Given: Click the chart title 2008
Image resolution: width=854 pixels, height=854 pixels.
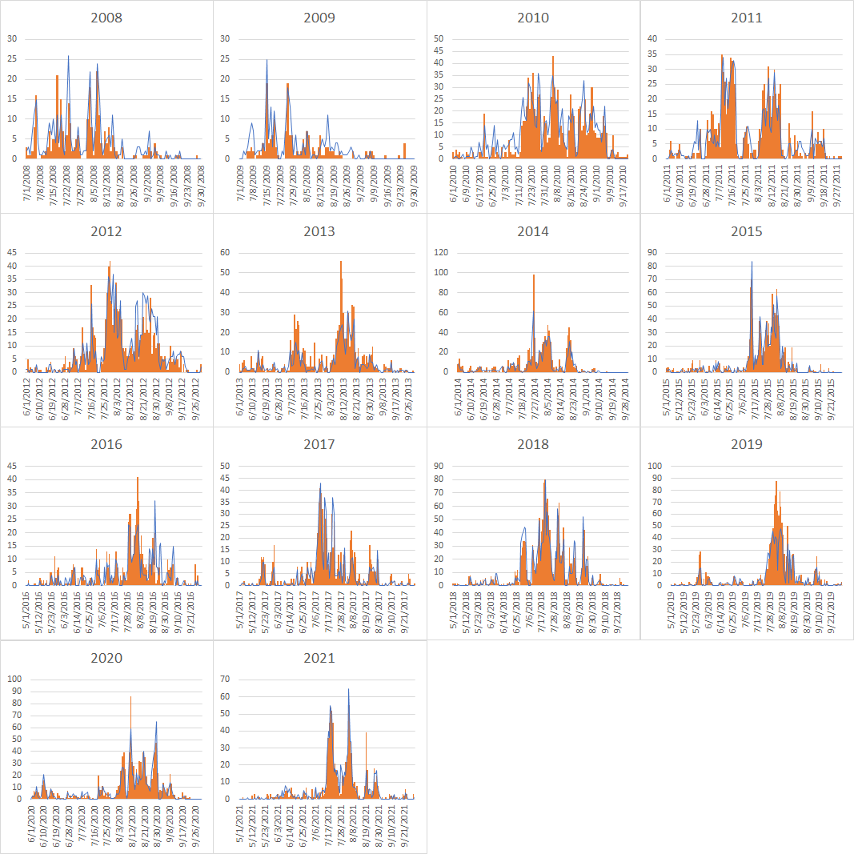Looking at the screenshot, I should [x=106, y=18].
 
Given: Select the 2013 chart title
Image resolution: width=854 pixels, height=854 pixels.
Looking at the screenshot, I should [x=320, y=231].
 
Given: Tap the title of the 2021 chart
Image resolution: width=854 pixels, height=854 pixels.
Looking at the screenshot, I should [x=320, y=658].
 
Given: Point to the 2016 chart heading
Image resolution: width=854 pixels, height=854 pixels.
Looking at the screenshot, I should [x=106, y=444].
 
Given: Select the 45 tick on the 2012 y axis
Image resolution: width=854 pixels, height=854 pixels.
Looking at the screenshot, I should [x=13, y=252].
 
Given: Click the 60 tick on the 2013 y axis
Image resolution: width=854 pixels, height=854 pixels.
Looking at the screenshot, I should [x=227, y=252].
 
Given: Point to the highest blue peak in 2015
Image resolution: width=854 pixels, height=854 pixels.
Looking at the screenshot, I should [x=751, y=263].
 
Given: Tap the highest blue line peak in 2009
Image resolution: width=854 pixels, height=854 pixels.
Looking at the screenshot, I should [x=267, y=61].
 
